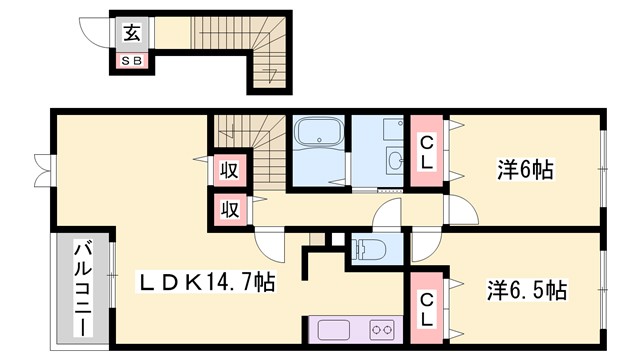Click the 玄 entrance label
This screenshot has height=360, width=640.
tap(132, 32)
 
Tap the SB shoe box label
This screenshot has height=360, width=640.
tap(132, 60)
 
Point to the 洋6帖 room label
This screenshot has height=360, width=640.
tap(524, 169)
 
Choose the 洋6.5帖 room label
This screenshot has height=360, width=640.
tap(527, 291)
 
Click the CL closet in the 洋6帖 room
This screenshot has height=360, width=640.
tap(426, 153)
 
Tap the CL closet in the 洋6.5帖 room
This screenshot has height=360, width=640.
tap(426, 309)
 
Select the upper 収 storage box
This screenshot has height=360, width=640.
tap(229, 170)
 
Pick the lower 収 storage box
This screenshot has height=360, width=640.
tap(229, 210)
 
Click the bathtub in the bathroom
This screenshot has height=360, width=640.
tap(319, 134)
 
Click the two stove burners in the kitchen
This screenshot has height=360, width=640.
tap(380, 328)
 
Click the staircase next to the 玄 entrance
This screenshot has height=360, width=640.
tap(268, 62)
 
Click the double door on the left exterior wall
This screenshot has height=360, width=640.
tap(42, 170)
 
